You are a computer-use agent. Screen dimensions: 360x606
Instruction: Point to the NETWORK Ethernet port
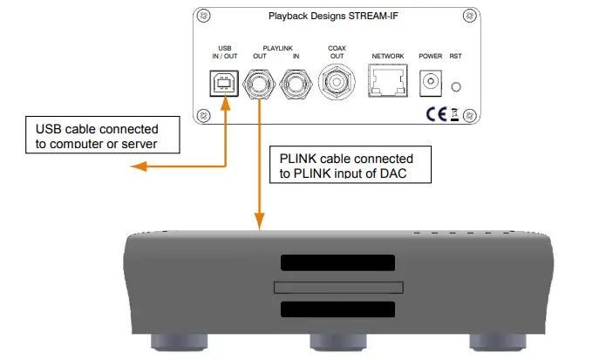click(386, 84)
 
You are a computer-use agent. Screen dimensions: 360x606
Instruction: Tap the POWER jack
click(430, 84)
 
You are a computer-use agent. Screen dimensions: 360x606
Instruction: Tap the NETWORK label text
click(387, 56)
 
